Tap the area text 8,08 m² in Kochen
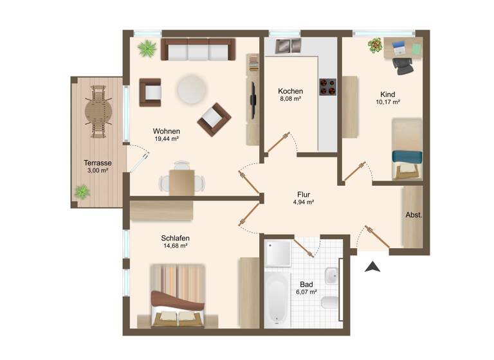(x=290, y=100)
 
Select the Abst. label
(x=413, y=215)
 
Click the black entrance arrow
(x=372, y=266)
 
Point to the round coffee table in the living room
(x=191, y=89)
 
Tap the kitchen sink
(x=288, y=46)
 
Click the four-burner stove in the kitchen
(x=327, y=87)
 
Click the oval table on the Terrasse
(x=98, y=111)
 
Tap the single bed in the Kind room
(x=407, y=149)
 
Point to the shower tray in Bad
(x=278, y=253)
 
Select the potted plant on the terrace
(x=82, y=192)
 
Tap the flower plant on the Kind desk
(x=375, y=45)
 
